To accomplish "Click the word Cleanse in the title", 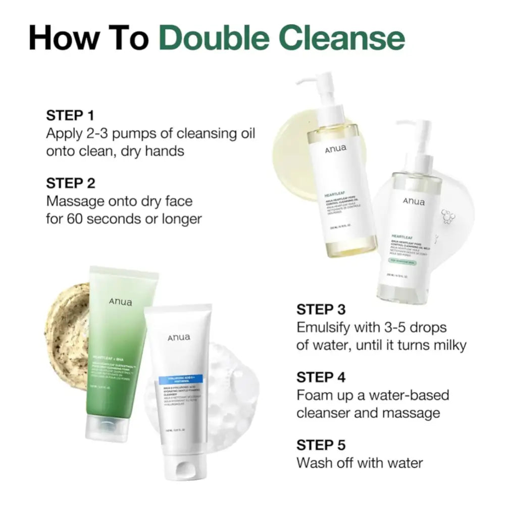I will (347, 38).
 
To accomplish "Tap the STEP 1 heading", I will (70, 115).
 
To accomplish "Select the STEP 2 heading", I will (71, 183).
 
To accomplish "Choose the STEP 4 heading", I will (321, 377).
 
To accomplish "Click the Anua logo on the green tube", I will (120, 302).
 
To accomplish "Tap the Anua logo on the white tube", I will (178, 338).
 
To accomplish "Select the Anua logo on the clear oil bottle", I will (414, 202).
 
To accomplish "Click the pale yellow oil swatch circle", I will (290, 136).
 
